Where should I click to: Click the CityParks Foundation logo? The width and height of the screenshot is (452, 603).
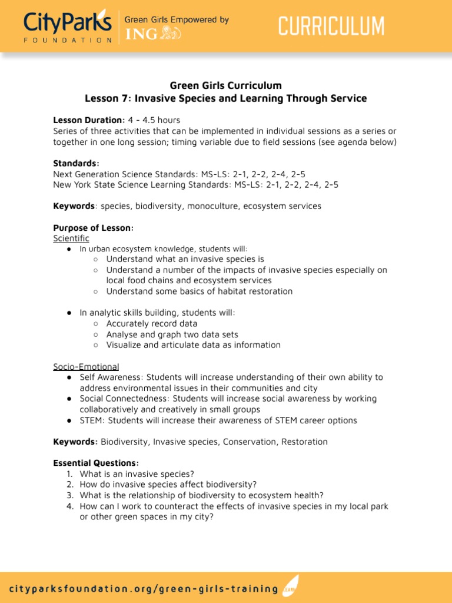[x=68, y=27]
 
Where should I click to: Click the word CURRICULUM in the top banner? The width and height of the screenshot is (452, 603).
[x=331, y=27]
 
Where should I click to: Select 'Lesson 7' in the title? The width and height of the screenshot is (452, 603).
[x=107, y=98]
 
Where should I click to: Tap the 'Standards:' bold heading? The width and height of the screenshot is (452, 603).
[x=76, y=163]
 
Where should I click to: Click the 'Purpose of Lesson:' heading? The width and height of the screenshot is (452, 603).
[x=93, y=228]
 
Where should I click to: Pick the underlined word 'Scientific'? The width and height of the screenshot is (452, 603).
[x=71, y=238]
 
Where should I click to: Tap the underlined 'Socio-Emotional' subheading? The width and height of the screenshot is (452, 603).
[x=86, y=367]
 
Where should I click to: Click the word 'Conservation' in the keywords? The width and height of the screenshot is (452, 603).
[x=250, y=442]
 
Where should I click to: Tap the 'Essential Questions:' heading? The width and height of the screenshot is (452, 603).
[x=96, y=463]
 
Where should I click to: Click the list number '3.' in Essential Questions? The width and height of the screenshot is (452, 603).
[x=69, y=495]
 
